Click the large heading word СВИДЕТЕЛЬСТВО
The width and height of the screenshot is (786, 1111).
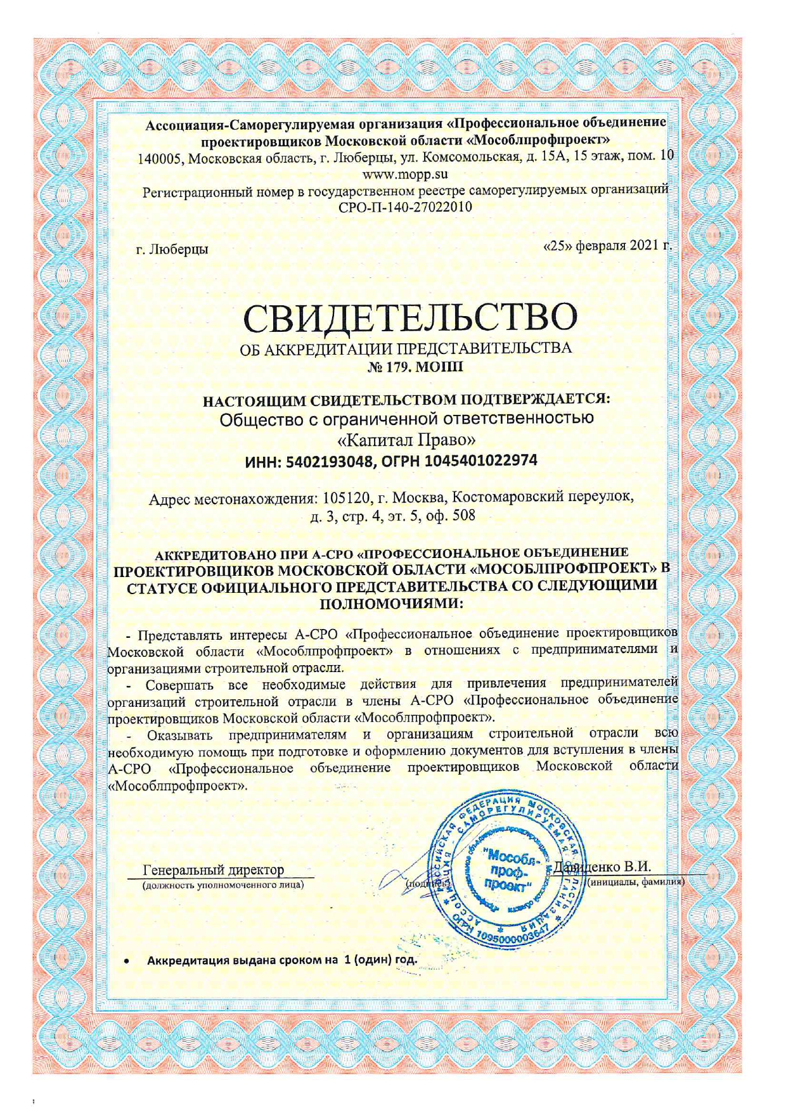coord(410,317)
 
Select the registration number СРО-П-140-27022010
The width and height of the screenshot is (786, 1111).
coord(406,206)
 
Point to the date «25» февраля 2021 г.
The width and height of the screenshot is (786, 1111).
coord(608,245)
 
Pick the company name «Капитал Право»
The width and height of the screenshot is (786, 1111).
coord(406,439)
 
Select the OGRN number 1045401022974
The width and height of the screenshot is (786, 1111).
coord(481,460)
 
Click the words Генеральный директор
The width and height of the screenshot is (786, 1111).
coord(214,870)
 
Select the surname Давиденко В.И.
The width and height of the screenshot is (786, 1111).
coord(602,867)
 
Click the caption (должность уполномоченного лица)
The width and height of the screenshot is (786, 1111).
coord(222,884)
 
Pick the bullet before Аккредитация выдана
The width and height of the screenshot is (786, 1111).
coord(127,961)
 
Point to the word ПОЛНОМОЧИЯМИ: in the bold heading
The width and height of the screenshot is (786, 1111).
coord(391,603)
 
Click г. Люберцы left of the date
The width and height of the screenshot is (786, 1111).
coord(172,250)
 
